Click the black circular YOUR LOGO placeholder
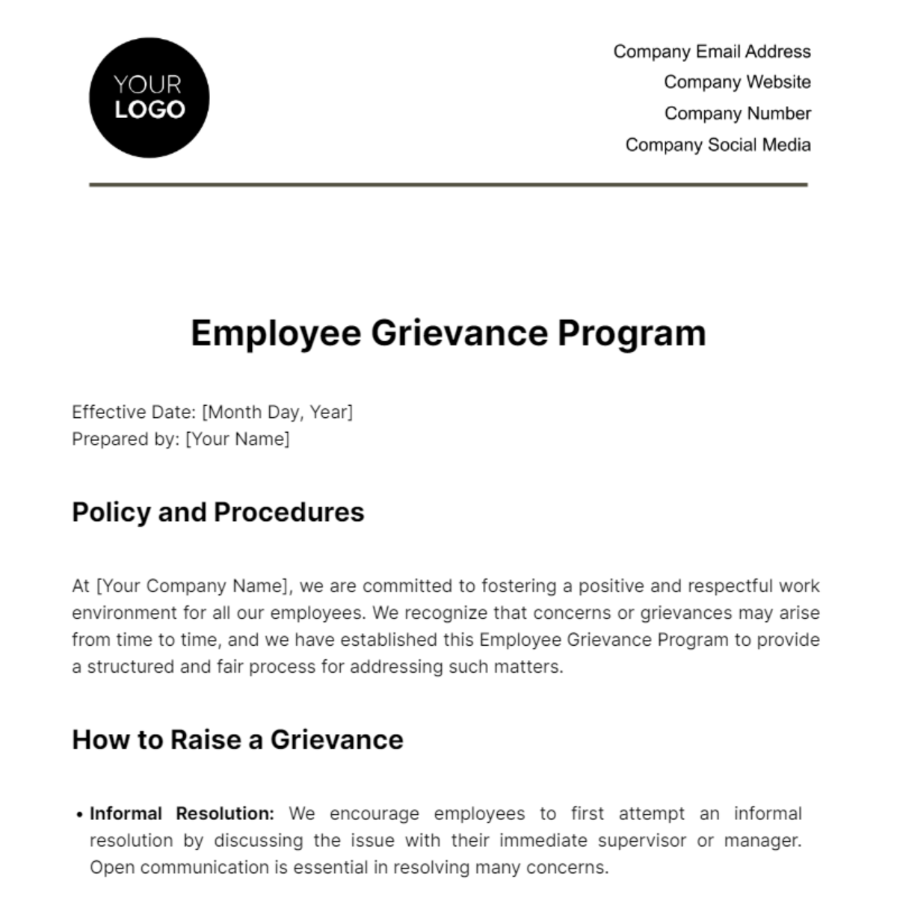point(149,98)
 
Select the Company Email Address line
point(712,52)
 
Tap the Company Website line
point(737,82)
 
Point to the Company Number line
point(737,114)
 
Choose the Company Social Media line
point(718,145)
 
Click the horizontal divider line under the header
point(449,185)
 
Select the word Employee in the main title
point(276,333)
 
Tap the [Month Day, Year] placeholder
point(277,412)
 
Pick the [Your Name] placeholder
point(237,439)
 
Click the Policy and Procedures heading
point(218,513)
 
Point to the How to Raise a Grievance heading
point(237,740)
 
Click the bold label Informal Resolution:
point(182,813)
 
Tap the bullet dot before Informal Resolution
point(79,815)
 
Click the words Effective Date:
point(134,412)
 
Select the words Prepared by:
point(126,439)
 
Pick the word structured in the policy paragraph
point(131,667)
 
